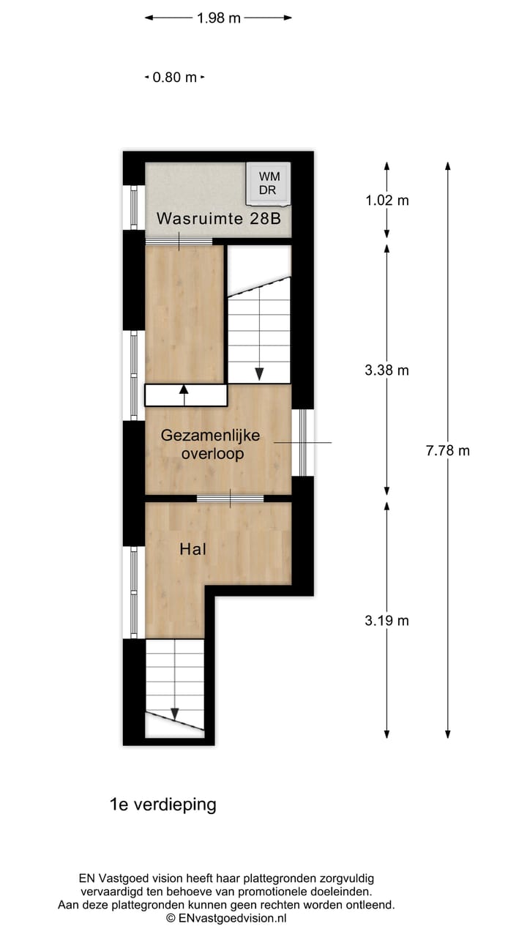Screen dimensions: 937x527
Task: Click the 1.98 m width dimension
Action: tap(218, 18)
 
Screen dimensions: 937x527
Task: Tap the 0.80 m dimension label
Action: tap(174, 77)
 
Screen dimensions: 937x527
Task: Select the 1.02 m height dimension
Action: tap(387, 200)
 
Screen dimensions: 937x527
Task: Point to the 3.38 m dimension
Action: tap(387, 370)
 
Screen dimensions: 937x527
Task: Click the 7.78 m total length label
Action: tap(447, 451)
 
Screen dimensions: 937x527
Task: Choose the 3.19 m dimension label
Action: tap(387, 621)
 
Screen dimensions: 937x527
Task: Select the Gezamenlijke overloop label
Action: tap(211, 444)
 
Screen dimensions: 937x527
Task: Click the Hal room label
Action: tap(193, 549)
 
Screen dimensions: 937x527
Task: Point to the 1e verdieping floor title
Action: tap(162, 805)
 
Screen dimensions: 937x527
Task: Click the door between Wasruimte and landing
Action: tap(179, 241)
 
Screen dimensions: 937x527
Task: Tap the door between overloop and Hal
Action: tap(230, 499)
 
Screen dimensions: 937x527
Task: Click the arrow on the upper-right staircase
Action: tap(259, 372)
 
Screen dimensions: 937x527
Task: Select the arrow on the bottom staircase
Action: tap(175, 712)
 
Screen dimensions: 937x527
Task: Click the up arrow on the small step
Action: tap(183, 394)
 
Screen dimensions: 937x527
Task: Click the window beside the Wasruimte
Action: tap(133, 207)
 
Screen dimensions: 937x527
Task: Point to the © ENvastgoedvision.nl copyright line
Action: tap(226, 918)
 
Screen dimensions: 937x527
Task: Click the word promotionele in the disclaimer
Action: tap(285, 892)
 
